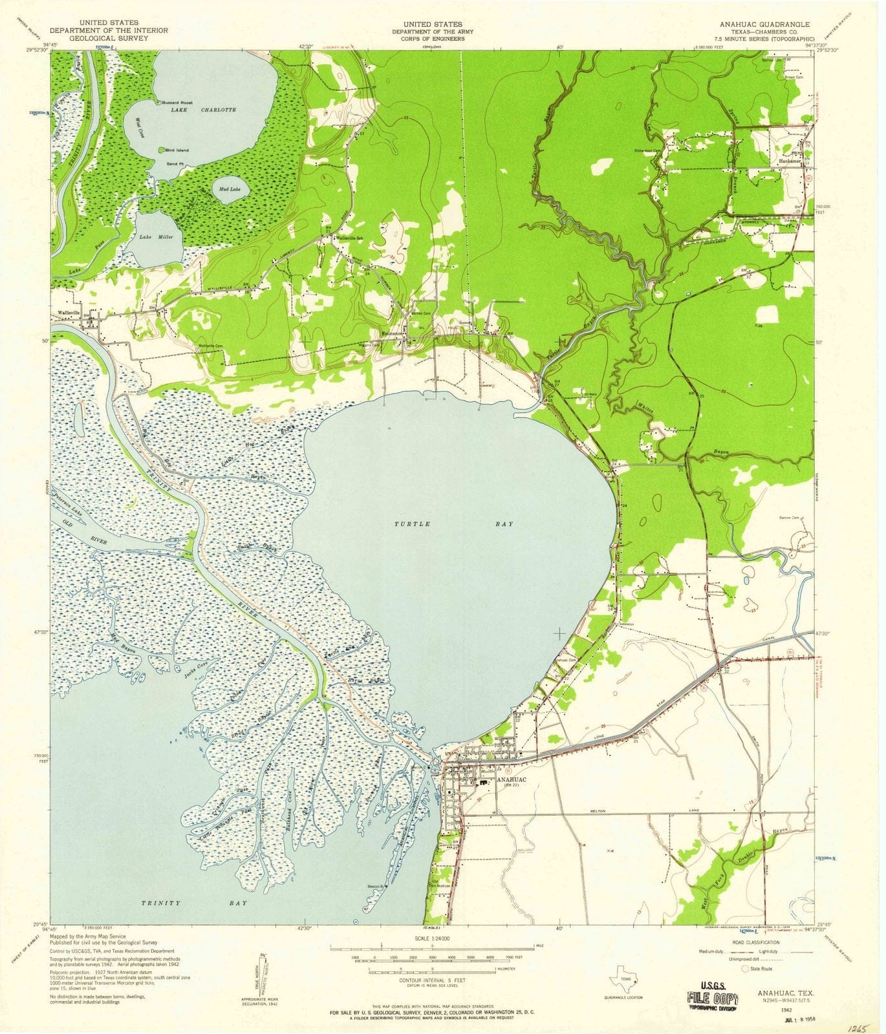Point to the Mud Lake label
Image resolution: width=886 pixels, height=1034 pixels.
[x=230, y=189]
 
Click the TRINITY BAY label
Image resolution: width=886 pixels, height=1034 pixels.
[x=194, y=903]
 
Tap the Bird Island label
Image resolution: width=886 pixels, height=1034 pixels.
[x=177, y=150]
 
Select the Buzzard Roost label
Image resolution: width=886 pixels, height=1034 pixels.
[x=177, y=103]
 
